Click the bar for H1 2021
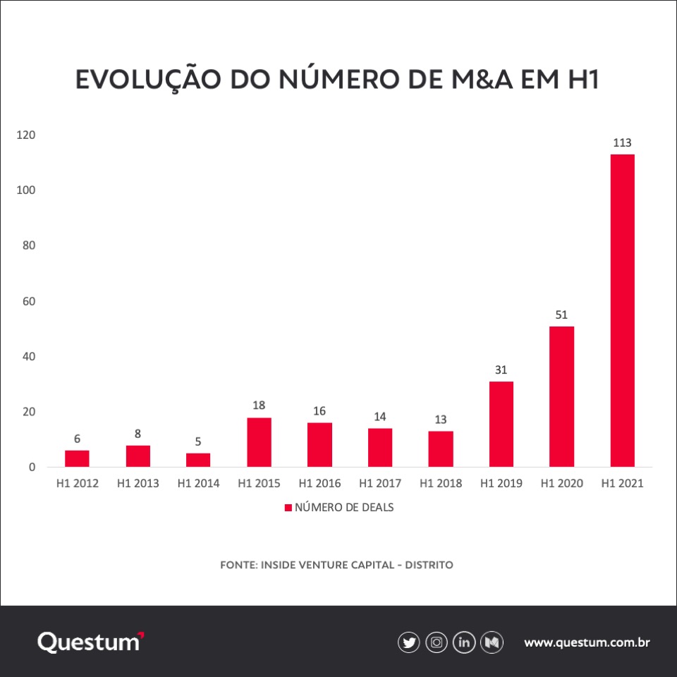point(622,310)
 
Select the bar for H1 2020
point(561,396)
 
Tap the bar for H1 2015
point(259,442)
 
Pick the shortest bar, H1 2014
point(198,460)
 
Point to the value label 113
point(622,143)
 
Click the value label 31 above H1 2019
point(501,370)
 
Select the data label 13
point(440,420)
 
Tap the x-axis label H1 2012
point(78,484)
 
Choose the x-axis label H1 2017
point(380,484)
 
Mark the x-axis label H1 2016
point(319,484)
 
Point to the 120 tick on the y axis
point(27,135)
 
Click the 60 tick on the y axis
point(29,301)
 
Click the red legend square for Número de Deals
point(288,507)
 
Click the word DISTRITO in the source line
point(429,565)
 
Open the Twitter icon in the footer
point(408,642)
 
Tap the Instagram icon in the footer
point(437,642)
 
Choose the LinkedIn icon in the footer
point(464,642)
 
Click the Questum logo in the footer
point(90,642)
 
